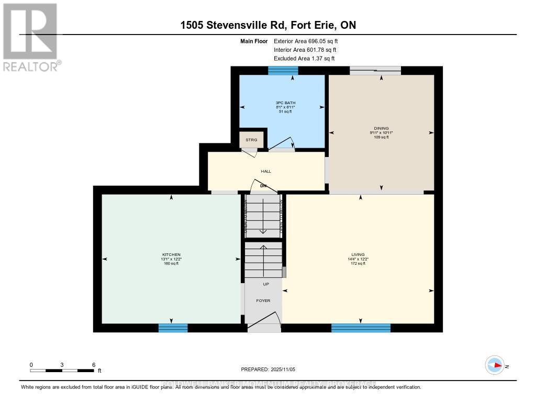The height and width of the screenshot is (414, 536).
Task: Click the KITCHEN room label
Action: click(171, 254)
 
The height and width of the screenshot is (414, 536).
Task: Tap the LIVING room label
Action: click(358, 254)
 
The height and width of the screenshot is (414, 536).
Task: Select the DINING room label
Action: click(381, 128)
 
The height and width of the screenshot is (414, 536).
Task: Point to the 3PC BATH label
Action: click(283, 102)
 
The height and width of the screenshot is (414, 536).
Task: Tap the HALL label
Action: click(266, 171)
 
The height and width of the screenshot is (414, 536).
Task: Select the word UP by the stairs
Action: click(265, 284)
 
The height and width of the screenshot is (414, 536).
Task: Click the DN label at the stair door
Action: click(263, 186)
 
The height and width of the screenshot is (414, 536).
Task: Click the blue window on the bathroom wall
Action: click(283, 71)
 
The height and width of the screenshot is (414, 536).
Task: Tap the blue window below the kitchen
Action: click(173, 328)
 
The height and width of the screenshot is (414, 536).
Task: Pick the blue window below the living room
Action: click(361, 328)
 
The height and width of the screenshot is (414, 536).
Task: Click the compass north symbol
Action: click(494, 365)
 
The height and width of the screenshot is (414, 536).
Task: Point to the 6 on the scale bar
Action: click(93, 365)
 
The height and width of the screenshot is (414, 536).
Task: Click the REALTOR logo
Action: click(30, 37)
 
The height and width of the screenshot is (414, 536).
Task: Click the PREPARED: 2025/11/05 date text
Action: click(268, 370)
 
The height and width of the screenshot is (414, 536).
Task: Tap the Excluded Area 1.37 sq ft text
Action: click(304, 59)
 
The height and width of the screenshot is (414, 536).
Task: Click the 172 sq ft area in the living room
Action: click(358, 263)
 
